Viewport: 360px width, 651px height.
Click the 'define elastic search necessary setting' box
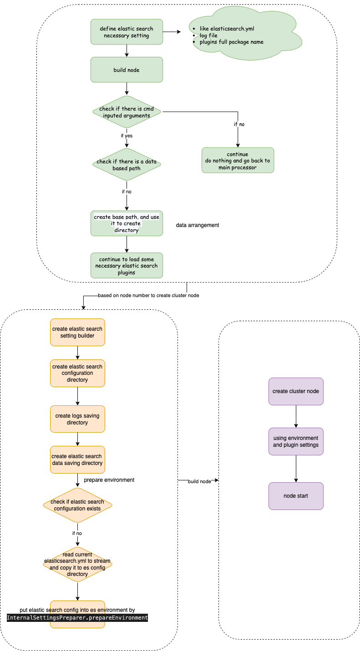(127, 32)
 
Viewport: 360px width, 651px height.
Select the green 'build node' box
(127, 70)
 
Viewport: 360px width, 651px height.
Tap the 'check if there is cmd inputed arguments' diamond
(127, 112)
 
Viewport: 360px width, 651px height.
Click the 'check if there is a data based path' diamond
(127, 165)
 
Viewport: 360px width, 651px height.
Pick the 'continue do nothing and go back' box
(238, 160)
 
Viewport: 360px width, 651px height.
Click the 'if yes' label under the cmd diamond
(127, 135)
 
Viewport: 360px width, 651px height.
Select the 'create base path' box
(127, 223)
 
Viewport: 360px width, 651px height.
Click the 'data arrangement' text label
(198, 225)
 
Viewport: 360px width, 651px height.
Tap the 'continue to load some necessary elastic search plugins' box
(127, 266)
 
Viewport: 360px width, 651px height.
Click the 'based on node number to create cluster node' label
(148, 295)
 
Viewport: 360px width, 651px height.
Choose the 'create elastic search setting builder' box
(77, 332)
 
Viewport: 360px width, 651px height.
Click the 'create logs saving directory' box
(77, 419)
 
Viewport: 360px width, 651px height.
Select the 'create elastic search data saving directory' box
(77, 459)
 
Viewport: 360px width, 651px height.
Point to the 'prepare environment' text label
(109, 480)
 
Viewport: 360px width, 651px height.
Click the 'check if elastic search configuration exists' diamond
(77, 505)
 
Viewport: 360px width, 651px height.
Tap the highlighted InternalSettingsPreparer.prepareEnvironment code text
(77, 617)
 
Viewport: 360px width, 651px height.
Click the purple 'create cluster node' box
(296, 391)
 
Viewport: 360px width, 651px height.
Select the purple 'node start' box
(296, 496)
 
